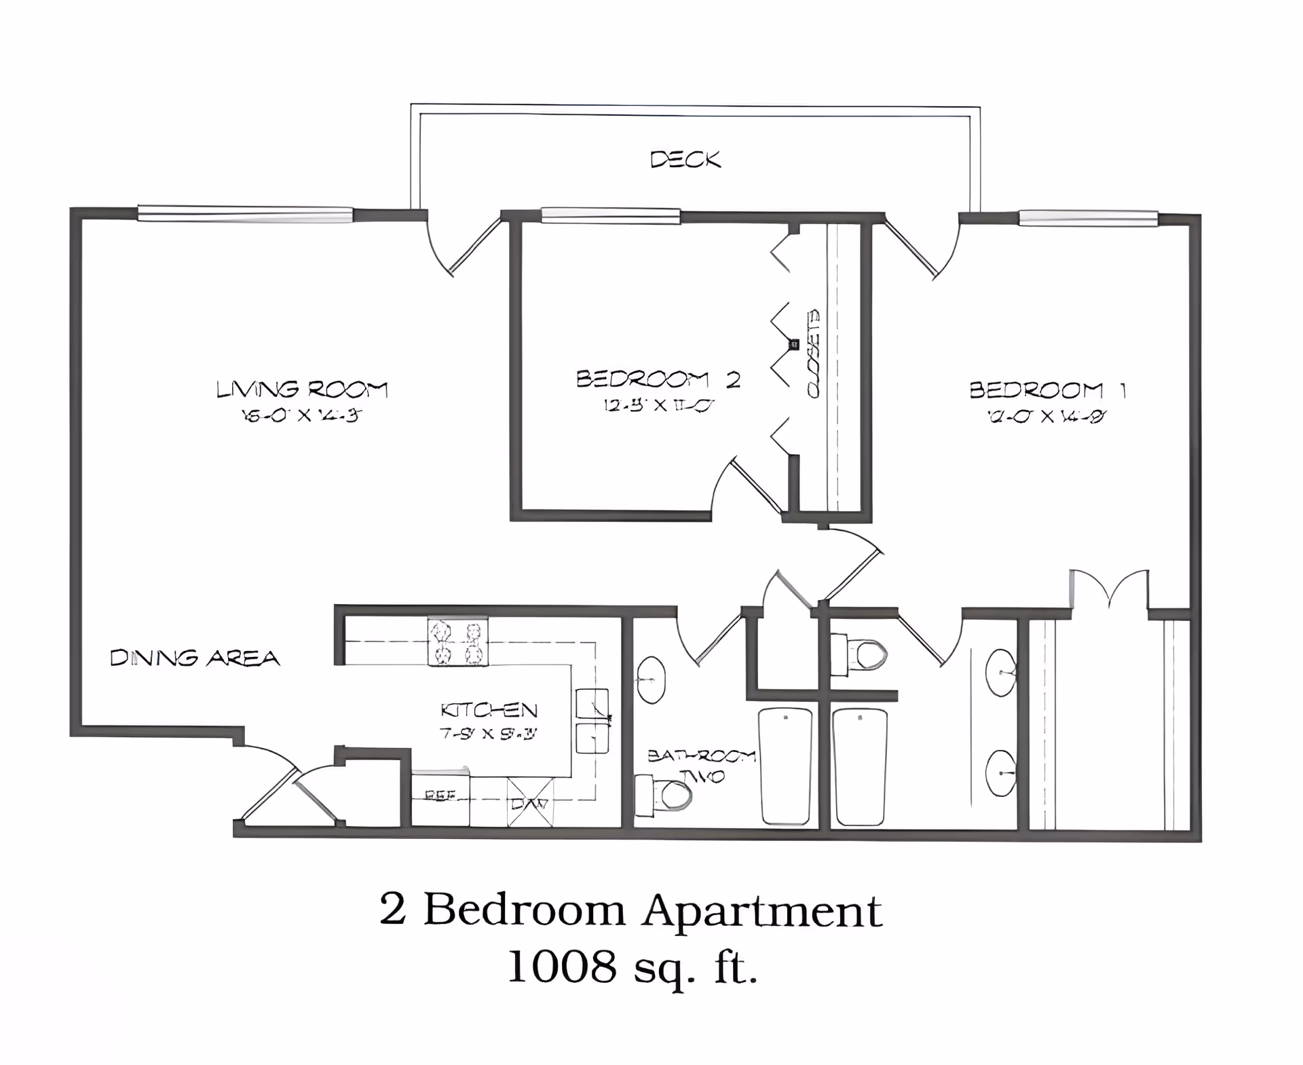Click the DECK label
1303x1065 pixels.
[685, 160]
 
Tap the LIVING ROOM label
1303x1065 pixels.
[301, 390]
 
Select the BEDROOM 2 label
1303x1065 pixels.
[657, 379]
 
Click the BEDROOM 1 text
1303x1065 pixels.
[1047, 390]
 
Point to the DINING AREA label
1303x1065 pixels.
[195, 658]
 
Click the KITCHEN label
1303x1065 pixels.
[489, 711]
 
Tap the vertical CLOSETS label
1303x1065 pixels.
[813, 353]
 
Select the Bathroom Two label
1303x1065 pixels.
[701, 766]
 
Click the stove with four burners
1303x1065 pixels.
[457, 641]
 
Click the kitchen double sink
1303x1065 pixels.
[592, 721]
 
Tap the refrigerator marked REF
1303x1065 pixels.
[440, 799]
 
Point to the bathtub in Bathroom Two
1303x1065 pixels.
[786, 766]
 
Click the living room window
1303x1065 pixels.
[245, 214]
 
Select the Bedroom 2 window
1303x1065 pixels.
[610, 216]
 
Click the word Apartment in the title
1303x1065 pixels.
[761, 912]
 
